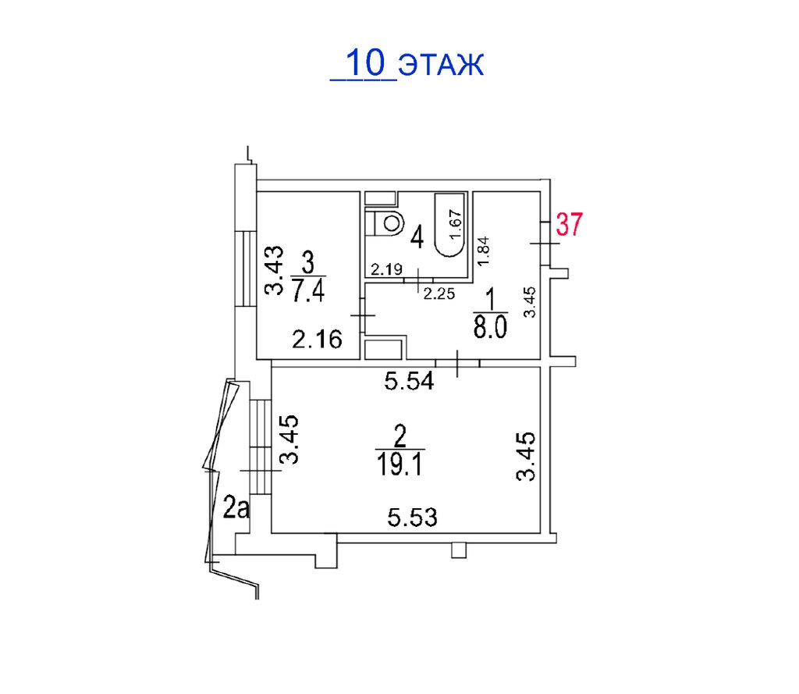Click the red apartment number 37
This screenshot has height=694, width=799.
pos(569,224)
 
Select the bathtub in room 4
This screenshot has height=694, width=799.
pos(450,224)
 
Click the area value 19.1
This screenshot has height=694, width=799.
pos(400,464)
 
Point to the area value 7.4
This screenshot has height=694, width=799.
pos(308,290)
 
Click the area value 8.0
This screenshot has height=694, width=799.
pos(490,327)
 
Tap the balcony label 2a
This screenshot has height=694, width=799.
pos(237,508)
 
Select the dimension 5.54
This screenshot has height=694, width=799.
pos(409,381)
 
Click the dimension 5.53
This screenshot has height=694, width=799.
pos(412,518)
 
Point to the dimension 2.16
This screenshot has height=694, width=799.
pos(317,339)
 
